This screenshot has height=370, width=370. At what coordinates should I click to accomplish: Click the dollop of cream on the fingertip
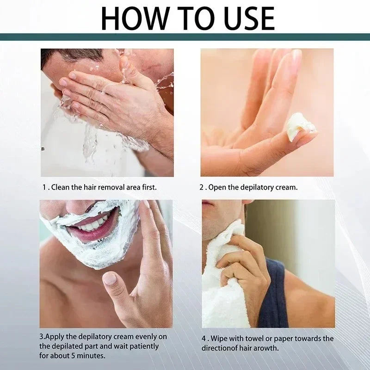[298, 128]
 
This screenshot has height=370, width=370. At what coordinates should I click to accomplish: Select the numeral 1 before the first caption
[43, 187]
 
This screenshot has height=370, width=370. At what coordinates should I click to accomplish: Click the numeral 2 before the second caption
[202, 187]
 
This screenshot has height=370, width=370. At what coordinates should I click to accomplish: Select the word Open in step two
[216, 187]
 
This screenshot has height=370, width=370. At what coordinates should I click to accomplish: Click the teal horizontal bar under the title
[185, 37]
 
